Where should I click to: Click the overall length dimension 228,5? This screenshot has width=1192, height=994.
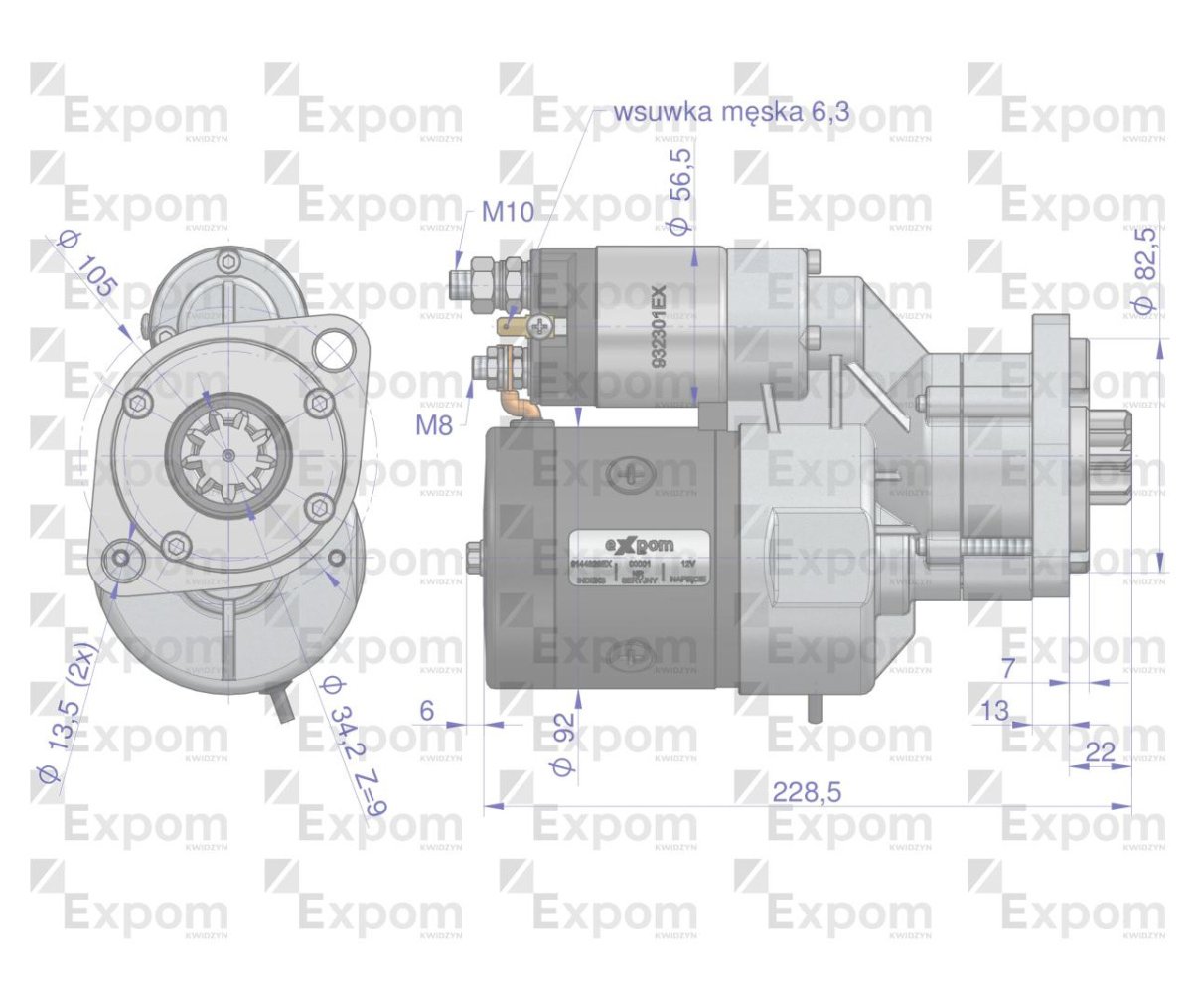[x=807, y=792]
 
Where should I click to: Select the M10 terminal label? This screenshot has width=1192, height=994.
[x=508, y=211]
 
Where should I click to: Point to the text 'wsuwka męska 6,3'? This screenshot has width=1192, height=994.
[x=732, y=111]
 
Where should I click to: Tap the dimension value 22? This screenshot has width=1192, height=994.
[x=1100, y=752]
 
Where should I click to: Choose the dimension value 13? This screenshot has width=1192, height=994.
[x=993, y=710]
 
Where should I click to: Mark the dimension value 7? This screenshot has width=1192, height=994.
[x=1007, y=668]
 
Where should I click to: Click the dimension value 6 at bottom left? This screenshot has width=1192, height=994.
[x=427, y=710]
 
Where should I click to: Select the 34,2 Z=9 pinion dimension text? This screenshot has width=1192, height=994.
[x=354, y=745]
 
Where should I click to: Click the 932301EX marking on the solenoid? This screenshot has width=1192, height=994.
[x=659, y=327]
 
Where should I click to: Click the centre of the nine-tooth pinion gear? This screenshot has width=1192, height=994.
[x=229, y=455]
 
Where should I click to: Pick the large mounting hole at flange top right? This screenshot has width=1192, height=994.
[x=333, y=348]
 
